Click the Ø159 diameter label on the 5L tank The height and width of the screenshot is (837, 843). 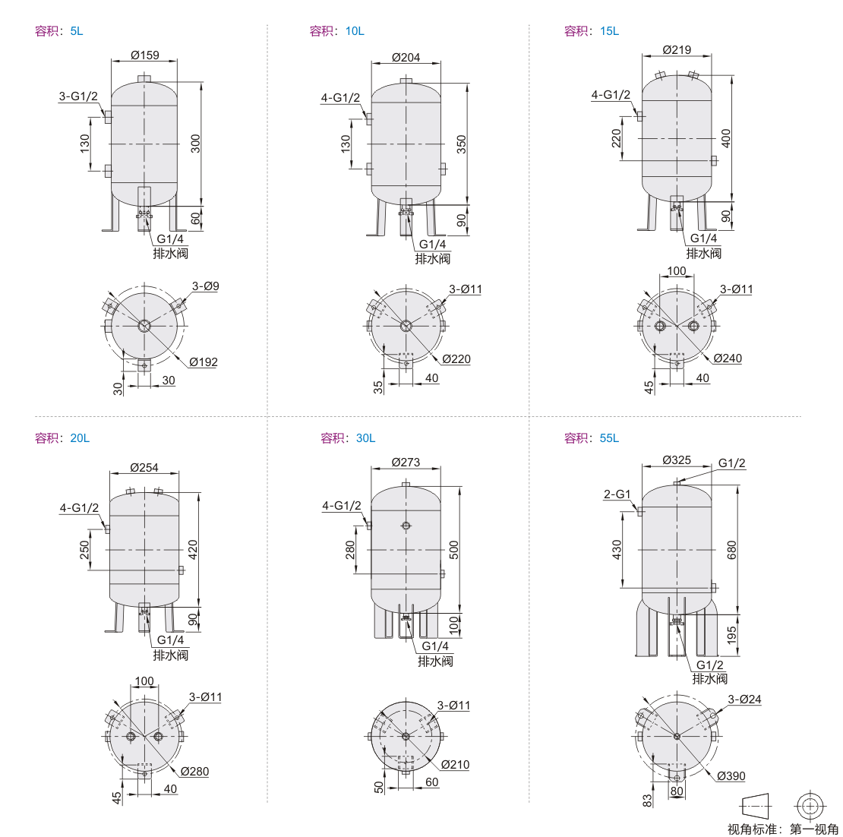point(145,55)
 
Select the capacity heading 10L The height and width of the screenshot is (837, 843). point(355,31)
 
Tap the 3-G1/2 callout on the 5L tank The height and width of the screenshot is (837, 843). point(78,96)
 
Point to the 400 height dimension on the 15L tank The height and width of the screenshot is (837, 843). point(726,138)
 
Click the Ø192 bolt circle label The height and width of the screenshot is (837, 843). point(204,362)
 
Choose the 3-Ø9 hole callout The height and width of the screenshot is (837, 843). point(206,286)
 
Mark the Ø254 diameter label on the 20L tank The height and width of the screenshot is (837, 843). point(144,468)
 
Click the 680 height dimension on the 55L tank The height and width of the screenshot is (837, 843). point(731,550)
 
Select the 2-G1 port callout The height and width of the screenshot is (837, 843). point(617,494)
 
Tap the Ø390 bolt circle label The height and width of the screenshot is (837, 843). point(731,775)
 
